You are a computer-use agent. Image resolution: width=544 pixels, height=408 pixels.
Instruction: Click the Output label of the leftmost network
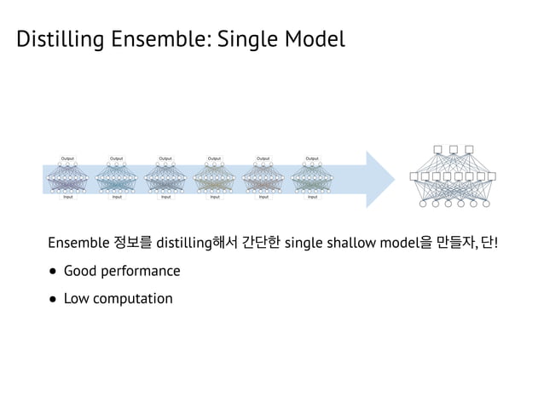[x=67, y=158]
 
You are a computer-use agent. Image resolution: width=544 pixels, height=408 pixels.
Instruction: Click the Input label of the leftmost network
[x=67, y=197]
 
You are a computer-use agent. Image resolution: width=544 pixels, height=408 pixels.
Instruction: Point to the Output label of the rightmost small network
[x=312, y=158]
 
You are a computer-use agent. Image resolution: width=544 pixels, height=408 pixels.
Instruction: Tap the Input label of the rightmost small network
[x=312, y=197]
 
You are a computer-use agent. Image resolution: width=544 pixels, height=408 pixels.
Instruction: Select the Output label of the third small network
[x=165, y=158]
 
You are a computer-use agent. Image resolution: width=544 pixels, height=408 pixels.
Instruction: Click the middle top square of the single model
[x=454, y=150]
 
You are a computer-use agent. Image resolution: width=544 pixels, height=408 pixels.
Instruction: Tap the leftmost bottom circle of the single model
[x=423, y=204]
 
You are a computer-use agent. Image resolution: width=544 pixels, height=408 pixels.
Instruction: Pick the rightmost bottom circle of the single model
[x=486, y=204]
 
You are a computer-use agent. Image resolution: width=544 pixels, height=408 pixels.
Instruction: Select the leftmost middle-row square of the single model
[x=414, y=177]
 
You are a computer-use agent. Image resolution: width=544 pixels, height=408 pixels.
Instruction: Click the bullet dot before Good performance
[x=54, y=272]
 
